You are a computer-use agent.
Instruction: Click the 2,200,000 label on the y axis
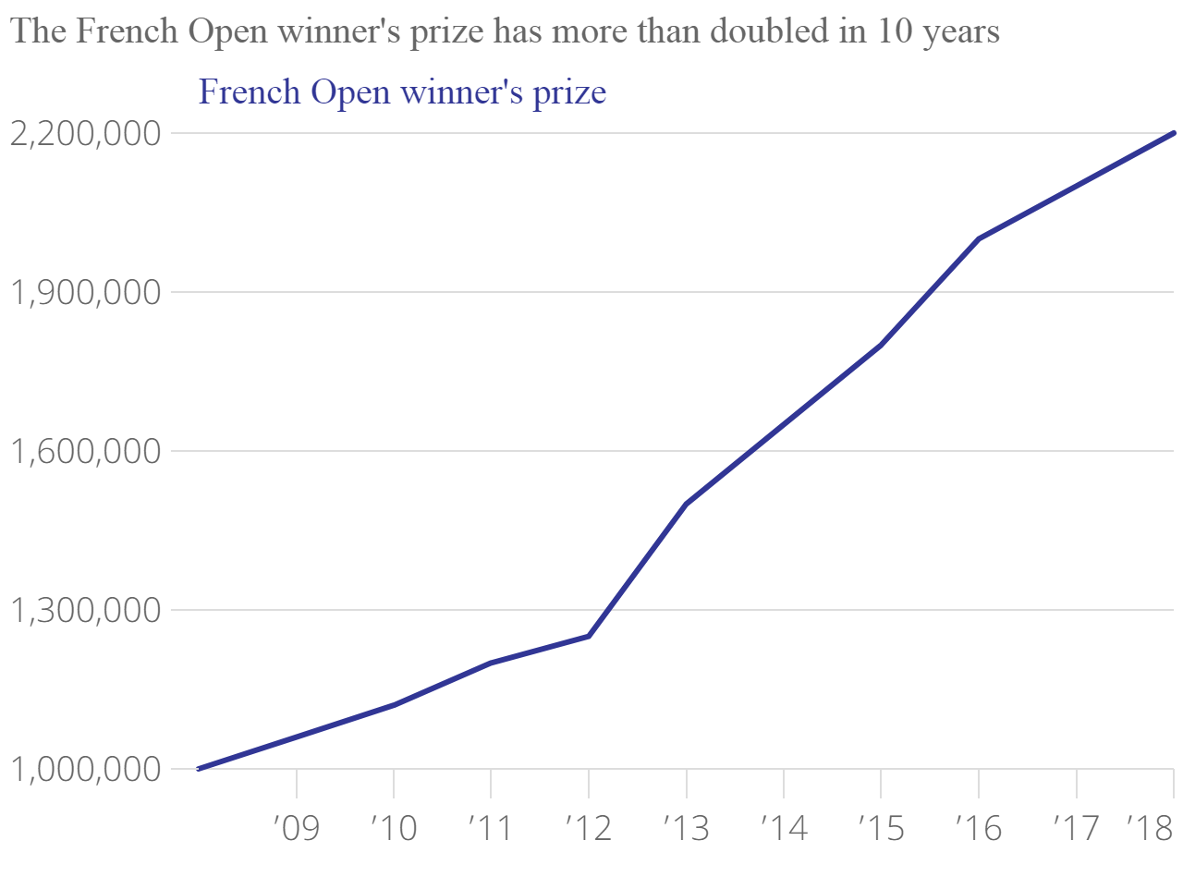[85, 134]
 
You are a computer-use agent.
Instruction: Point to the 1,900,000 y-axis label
[85, 293]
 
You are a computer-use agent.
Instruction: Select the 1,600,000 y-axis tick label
[85, 452]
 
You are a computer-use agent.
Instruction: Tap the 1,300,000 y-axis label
[85, 611]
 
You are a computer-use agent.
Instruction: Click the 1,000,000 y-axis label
[85, 770]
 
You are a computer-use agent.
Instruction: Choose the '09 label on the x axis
[297, 828]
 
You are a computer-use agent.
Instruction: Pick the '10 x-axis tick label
[394, 828]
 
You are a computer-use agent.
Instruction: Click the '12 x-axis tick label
[589, 828]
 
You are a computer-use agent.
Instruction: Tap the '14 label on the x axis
[784, 828]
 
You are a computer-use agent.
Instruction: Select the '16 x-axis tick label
[979, 828]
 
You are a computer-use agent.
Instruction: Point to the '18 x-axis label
[1151, 828]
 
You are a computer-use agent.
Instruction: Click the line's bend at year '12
[589, 636]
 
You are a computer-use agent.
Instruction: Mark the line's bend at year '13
[687, 504]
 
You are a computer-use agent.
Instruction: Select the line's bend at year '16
[979, 239]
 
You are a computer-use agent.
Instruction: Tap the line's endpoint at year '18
[1174, 133]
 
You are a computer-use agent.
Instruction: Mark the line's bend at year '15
[882, 345]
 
